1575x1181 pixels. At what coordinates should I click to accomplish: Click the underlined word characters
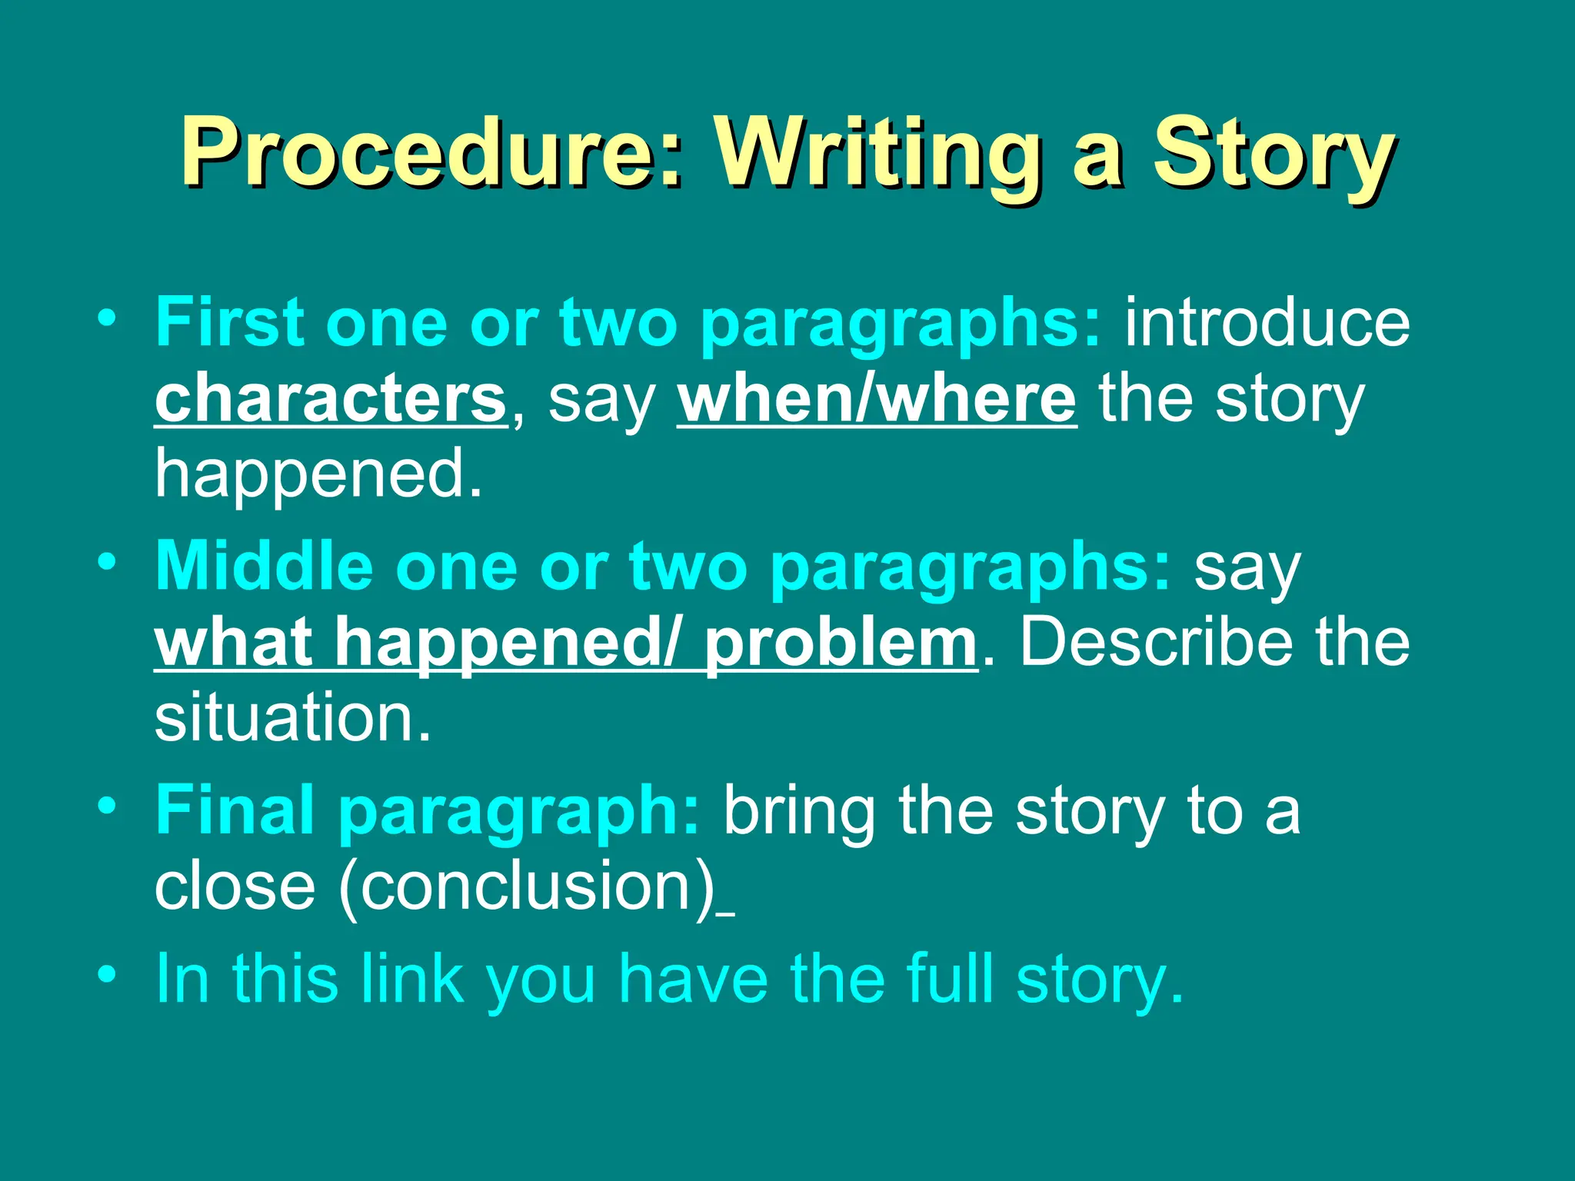(331, 399)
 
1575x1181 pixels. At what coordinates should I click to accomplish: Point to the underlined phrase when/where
(877, 399)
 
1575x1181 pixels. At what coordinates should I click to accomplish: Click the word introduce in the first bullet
(1267, 323)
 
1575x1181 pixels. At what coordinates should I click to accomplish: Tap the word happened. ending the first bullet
(318, 475)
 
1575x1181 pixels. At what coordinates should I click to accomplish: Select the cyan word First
(229, 323)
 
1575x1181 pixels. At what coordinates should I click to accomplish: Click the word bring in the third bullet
(799, 812)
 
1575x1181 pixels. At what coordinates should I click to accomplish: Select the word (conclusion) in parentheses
(527, 887)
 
